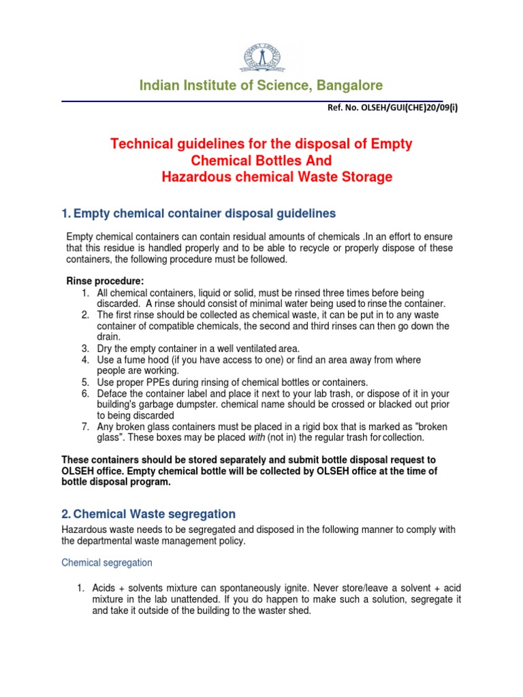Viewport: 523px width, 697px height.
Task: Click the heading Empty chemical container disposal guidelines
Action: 205,214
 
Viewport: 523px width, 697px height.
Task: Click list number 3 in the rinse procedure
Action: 85,348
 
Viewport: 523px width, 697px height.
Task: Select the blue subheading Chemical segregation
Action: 107,563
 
